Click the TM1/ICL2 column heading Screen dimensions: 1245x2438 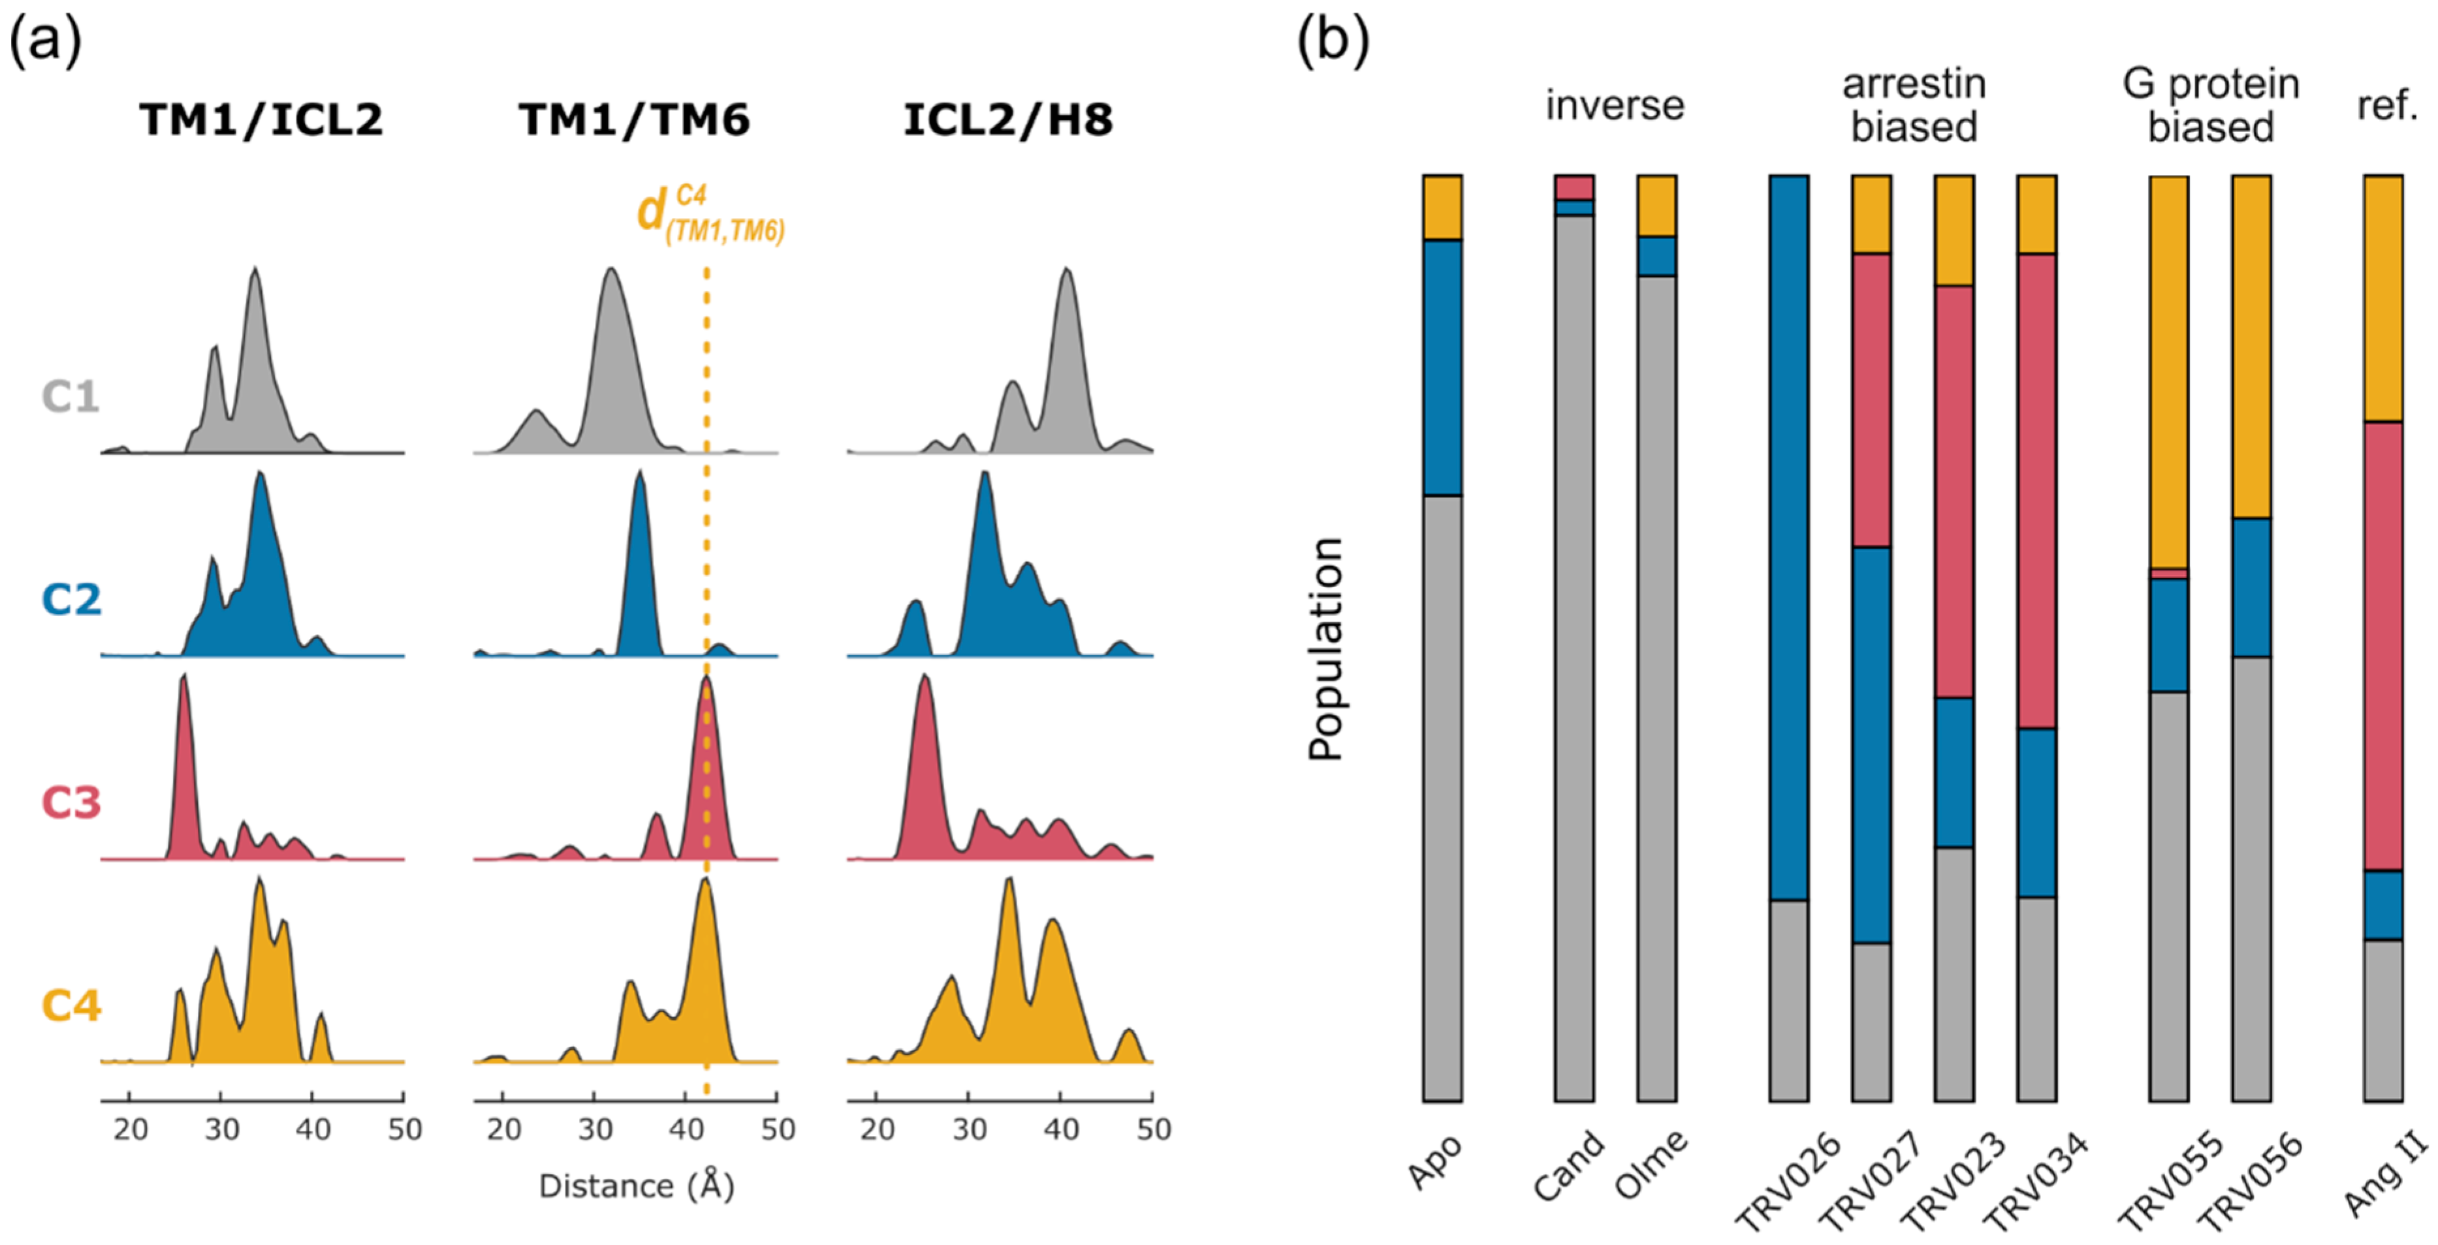point(261,120)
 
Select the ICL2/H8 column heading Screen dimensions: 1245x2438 point(1008,120)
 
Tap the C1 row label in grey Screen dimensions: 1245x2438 point(71,396)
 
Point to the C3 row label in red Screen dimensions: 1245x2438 point(71,802)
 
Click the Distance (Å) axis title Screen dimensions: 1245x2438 point(636,1186)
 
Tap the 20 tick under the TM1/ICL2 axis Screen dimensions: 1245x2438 point(131,1129)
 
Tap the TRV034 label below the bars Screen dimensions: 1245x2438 point(2034,1182)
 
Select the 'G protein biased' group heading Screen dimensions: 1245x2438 point(2210,105)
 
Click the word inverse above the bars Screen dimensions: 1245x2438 point(1615,105)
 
